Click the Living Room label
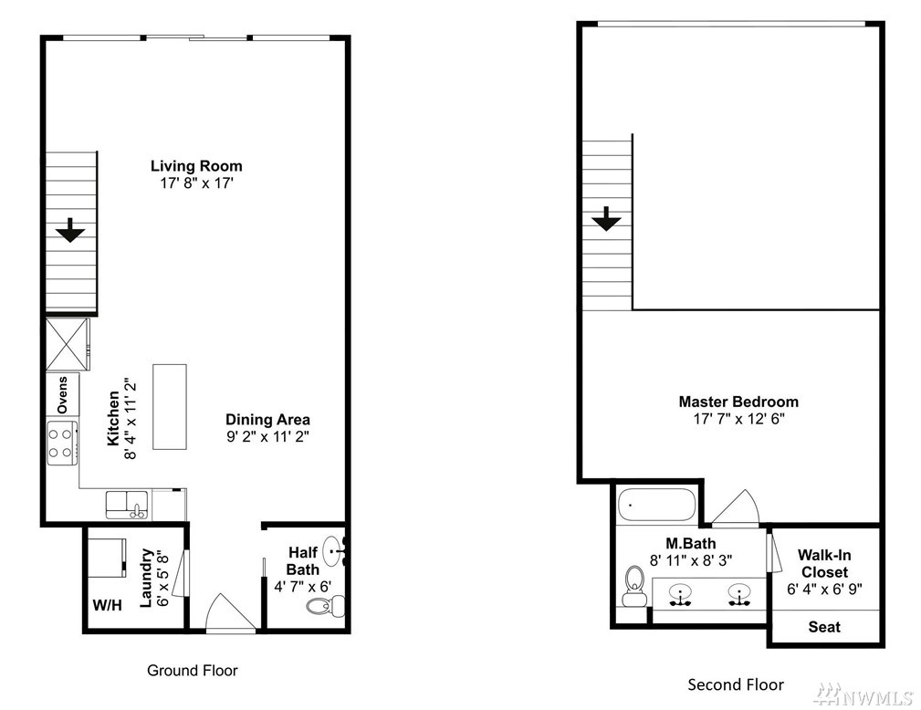coord(196,166)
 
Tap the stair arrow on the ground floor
coord(70,230)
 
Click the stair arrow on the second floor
coord(606,219)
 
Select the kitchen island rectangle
coord(170,406)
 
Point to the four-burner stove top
coord(62,444)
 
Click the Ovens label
coord(62,394)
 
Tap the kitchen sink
coord(127,505)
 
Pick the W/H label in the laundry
coord(108,605)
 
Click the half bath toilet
coord(325,605)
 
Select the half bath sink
coord(335,551)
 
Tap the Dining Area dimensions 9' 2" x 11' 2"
coord(267,437)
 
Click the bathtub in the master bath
coord(656,505)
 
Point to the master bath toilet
coord(634,586)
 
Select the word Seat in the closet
coord(824,627)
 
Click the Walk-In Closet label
coord(824,564)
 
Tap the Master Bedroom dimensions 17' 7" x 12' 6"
coord(739,419)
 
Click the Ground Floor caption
coord(192,670)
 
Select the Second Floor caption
coord(736,684)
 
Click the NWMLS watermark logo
coord(863,695)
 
